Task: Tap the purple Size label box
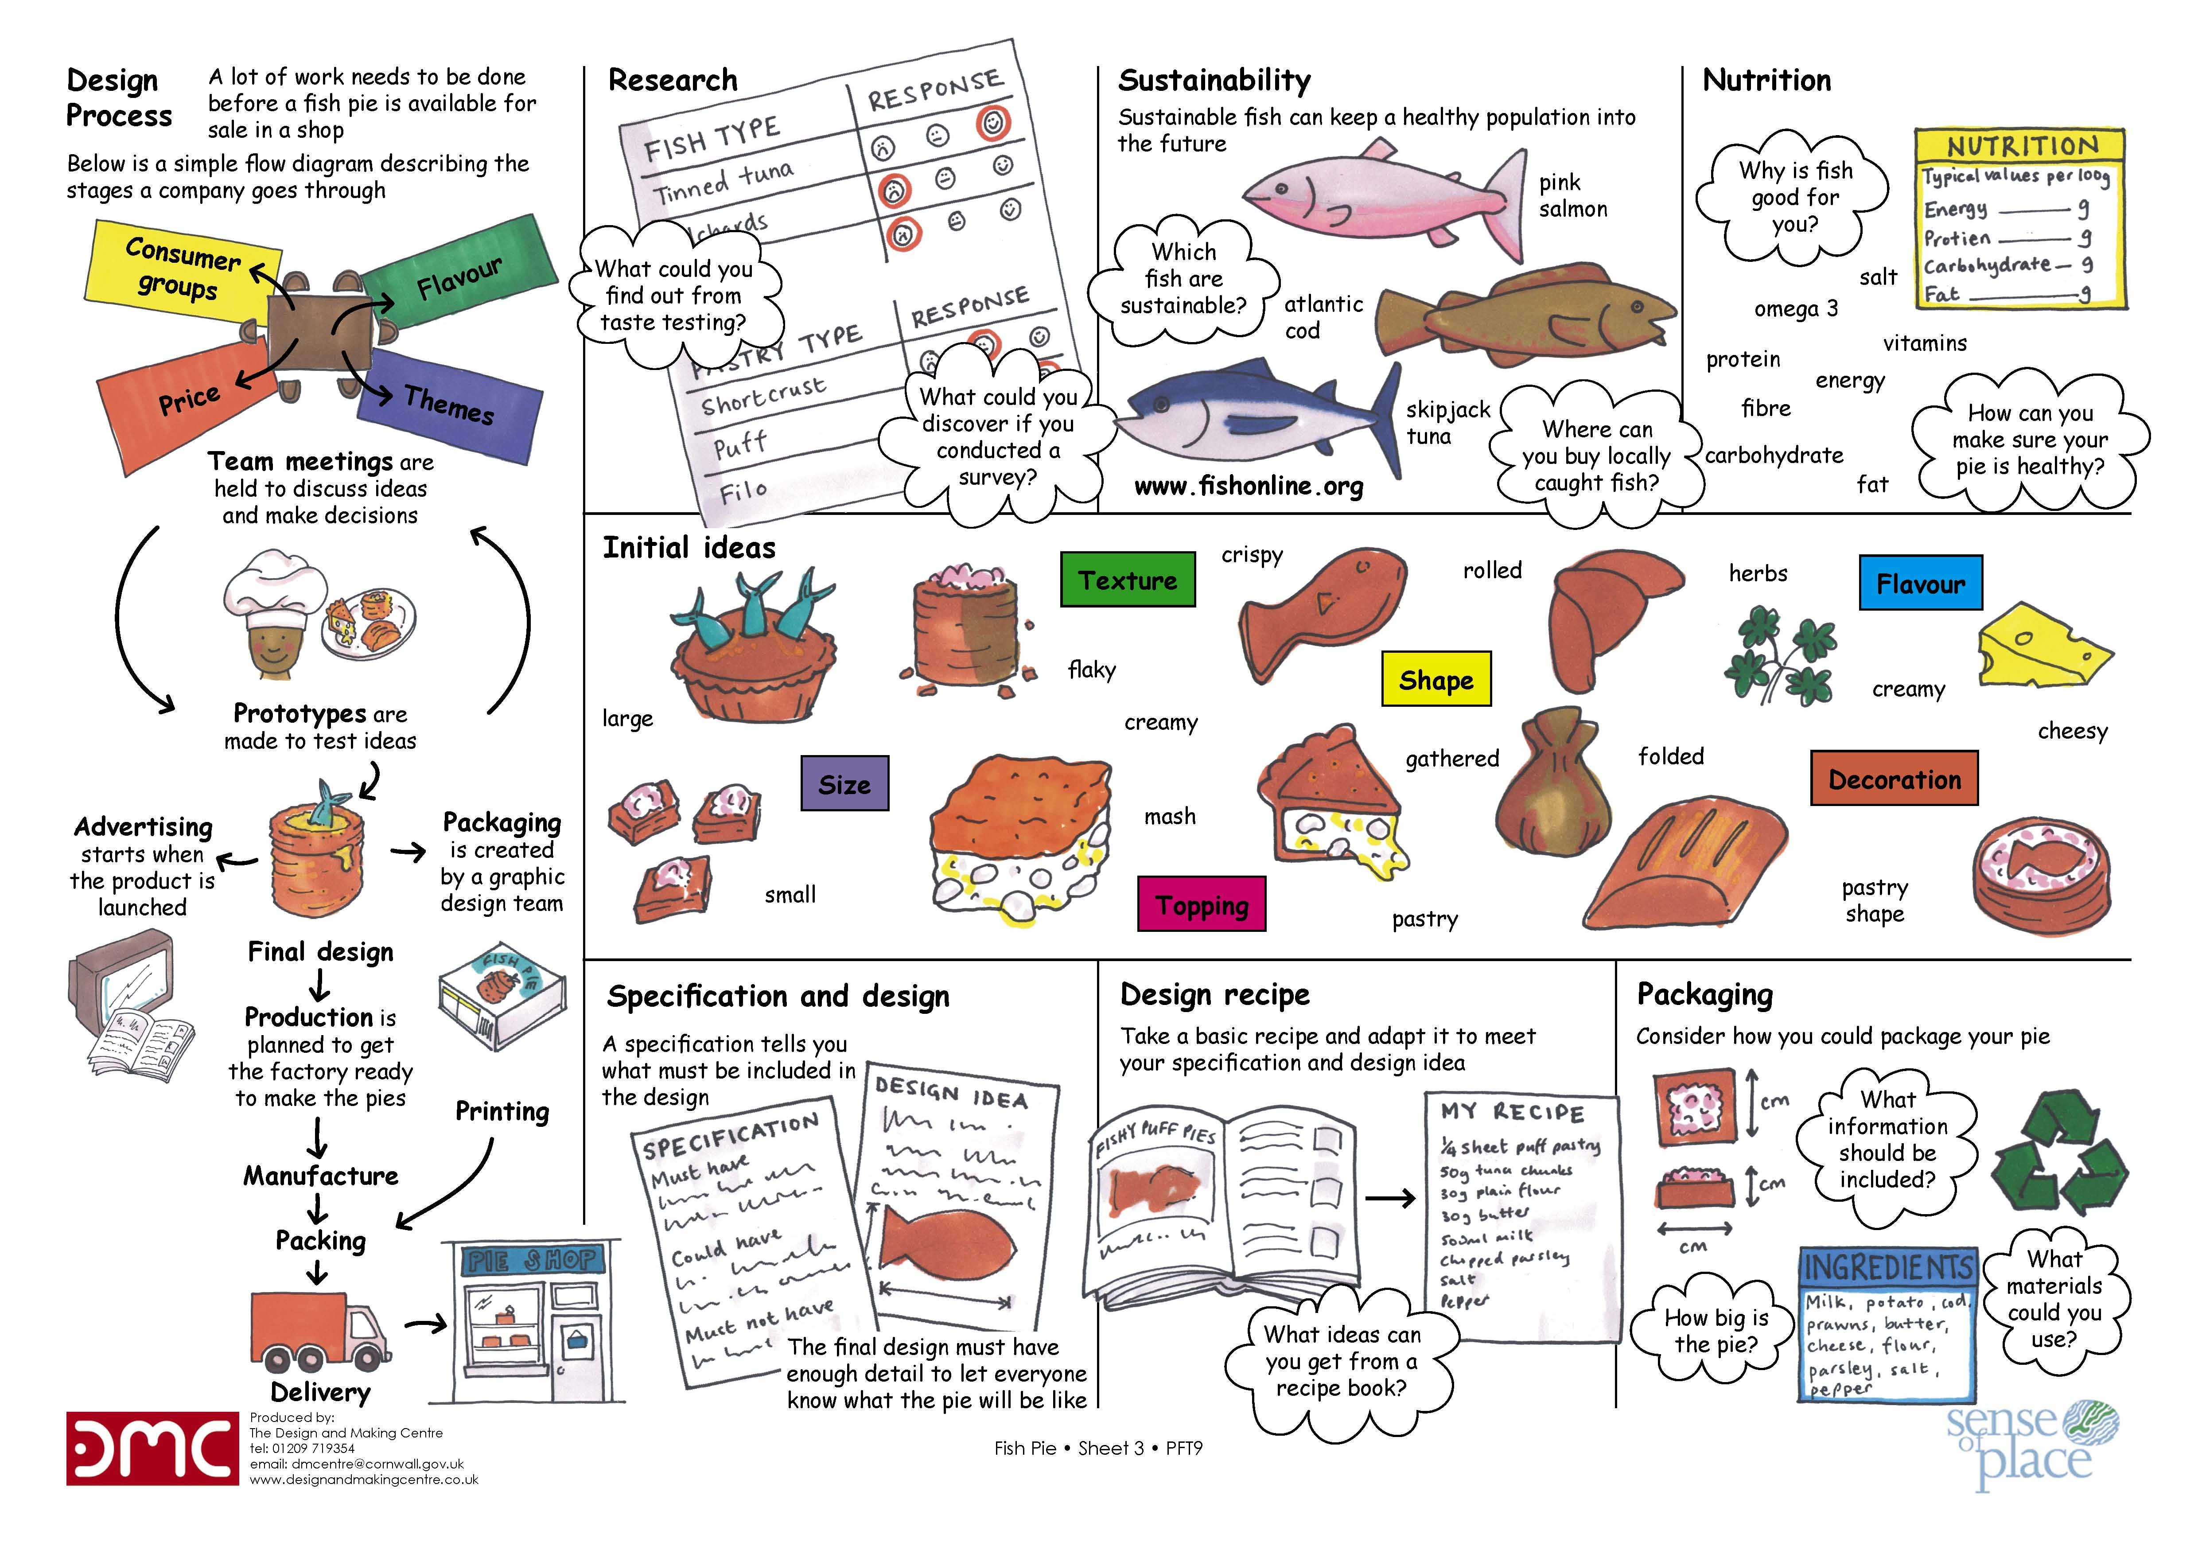click(x=844, y=783)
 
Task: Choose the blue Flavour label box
click(x=1920, y=582)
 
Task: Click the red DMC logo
click(x=151, y=1448)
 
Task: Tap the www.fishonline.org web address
click(x=1249, y=487)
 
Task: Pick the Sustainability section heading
click(x=1214, y=81)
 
